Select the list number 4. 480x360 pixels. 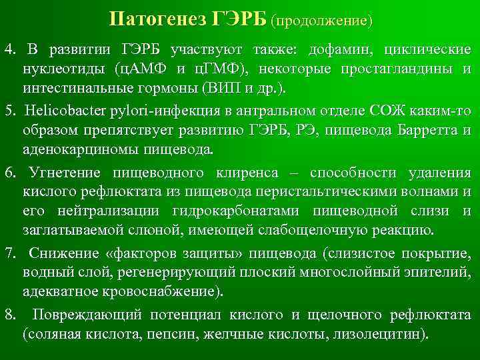[9, 51]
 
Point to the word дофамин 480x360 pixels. [352, 51]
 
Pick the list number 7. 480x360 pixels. [9, 254]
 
